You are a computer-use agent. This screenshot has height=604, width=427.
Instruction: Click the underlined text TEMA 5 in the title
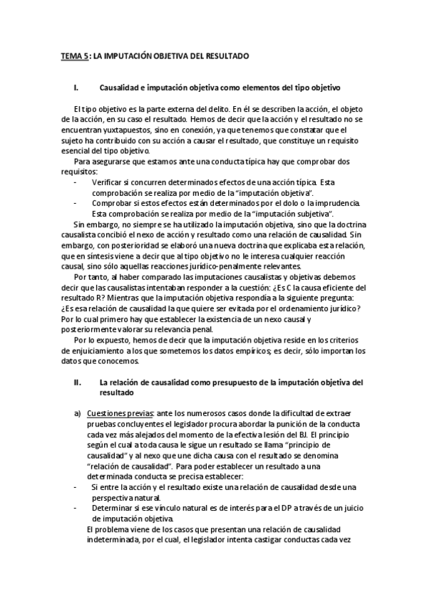click(x=74, y=55)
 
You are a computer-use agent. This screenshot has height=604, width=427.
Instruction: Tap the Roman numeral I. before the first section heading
click(x=76, y=88)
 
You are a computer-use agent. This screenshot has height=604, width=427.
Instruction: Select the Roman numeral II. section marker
click(x=78, y=382)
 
